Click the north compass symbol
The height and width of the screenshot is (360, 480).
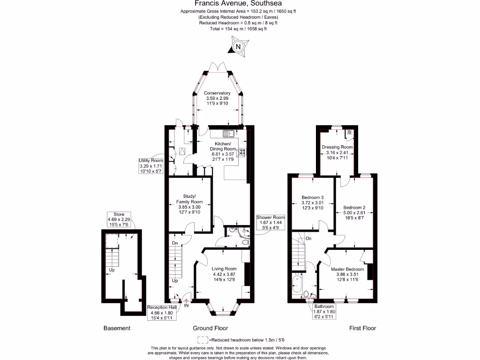tap(239, 47)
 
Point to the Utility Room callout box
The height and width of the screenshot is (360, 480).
tap(150, 166)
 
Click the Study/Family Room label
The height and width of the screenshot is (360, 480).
tap(189, 202)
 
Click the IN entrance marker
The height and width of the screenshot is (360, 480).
tap(186, 306)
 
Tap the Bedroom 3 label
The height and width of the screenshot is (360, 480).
tap(313, 202)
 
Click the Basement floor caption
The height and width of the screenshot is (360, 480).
tap(117, 328)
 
